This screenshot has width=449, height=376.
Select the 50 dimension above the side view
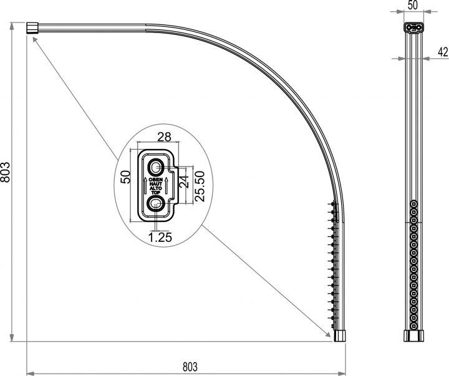point(412,6)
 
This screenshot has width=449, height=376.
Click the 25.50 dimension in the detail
point(200,186)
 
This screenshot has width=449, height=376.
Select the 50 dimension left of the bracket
point(125,176)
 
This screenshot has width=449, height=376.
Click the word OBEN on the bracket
point(155,180)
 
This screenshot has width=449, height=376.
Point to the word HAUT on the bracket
point(155,185)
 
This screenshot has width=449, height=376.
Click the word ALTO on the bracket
point(155,189)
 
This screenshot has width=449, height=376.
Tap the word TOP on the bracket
point(155,193)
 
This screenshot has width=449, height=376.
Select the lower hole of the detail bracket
point(155,204)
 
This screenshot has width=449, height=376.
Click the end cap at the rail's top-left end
point(32,27)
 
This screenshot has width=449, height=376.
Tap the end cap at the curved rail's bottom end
point(340,334)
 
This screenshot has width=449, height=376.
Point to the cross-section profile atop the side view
point(412,27)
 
